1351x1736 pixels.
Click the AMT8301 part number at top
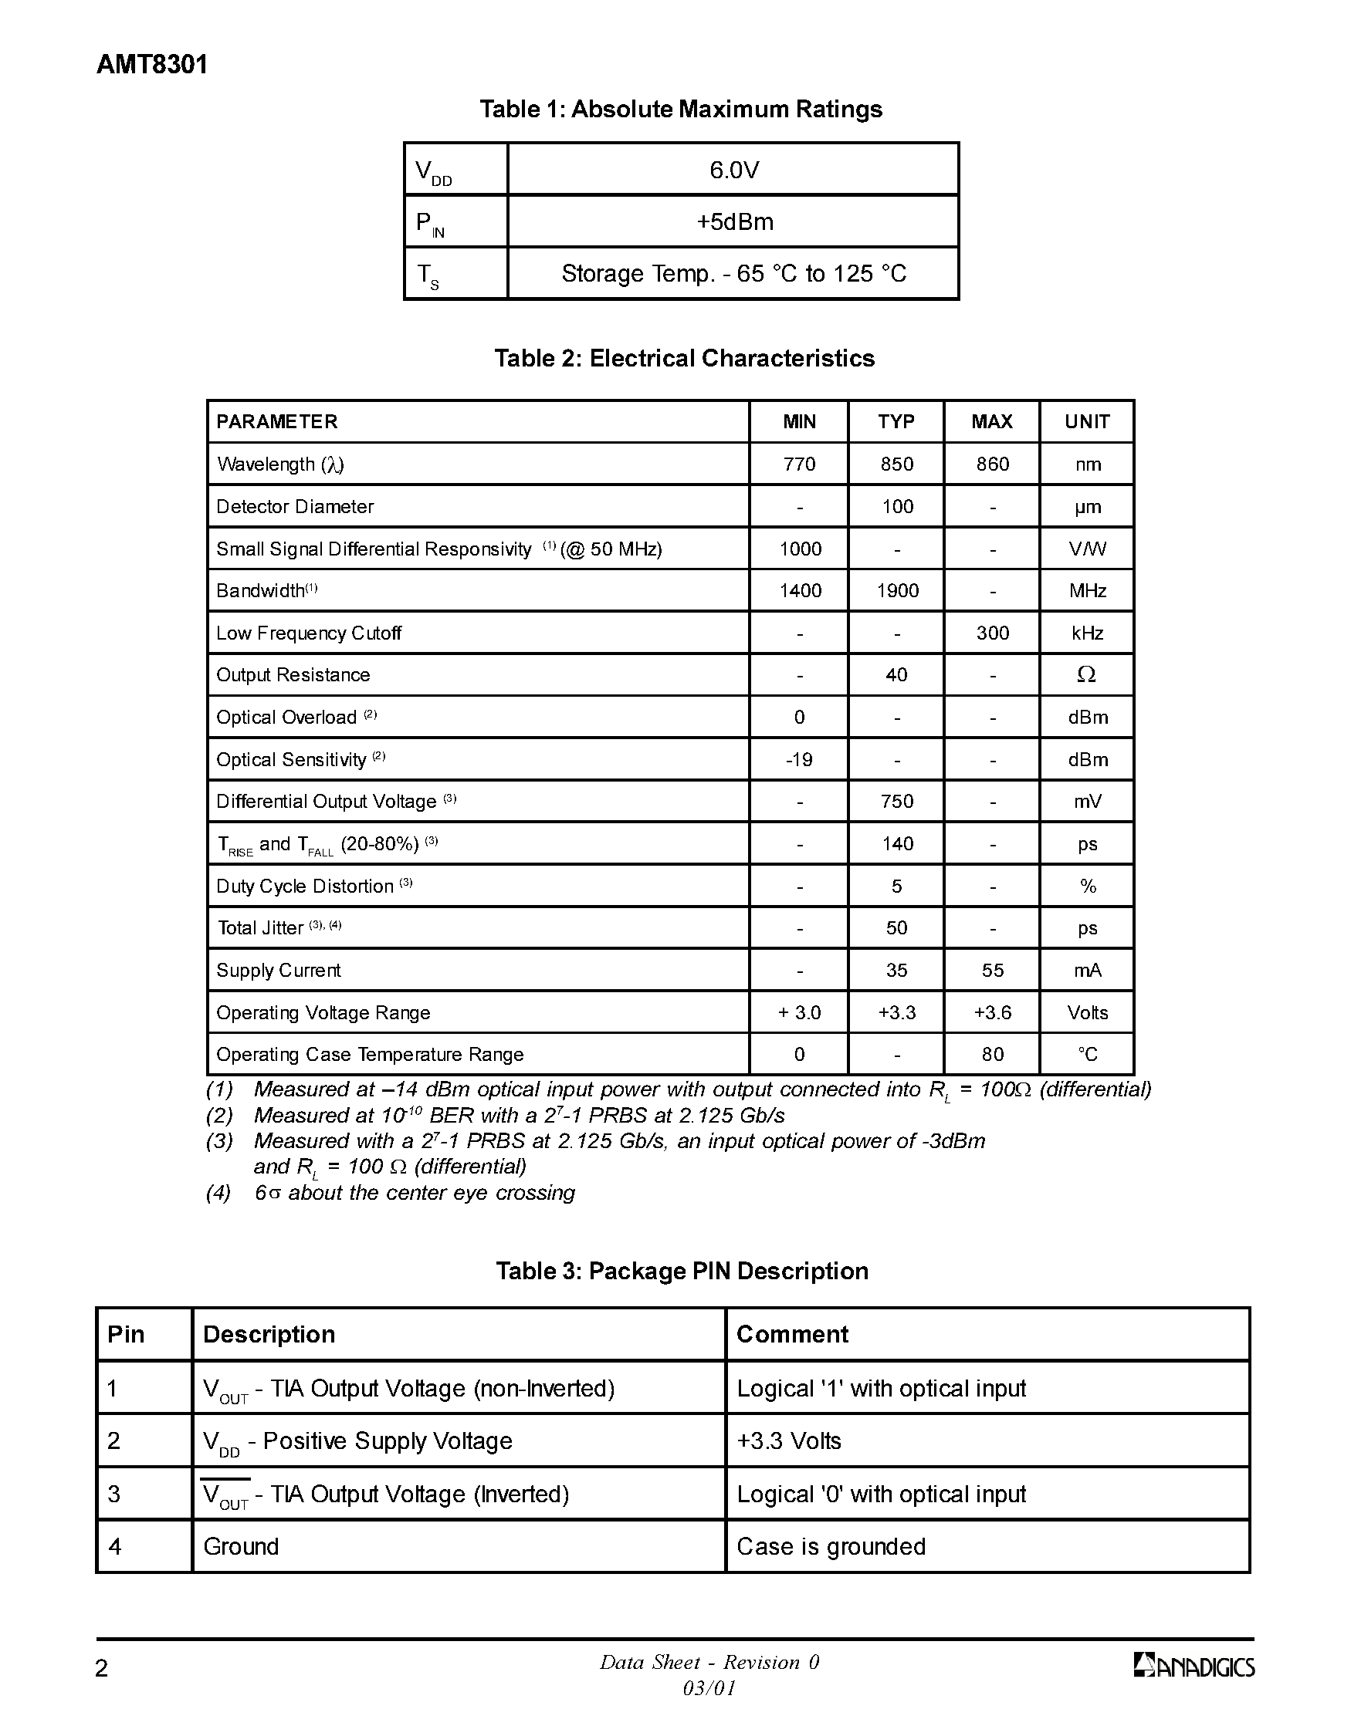click(x=152, y=64)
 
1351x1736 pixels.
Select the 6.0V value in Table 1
click(x=733, y=169)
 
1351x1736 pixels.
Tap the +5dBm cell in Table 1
click(x=733, y=221)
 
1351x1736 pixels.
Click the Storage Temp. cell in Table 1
click(x=733, y=273)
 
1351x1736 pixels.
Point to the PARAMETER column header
click(x=276, y=422)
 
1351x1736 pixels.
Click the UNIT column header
click(x=1086, y=422)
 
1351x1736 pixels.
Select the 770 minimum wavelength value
click(x=798, y=464)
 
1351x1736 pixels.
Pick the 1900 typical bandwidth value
click(x=897, y=590)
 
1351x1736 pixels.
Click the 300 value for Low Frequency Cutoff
click(x=991, y=633)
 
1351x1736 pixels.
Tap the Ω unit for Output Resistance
click(x=1086, y=675)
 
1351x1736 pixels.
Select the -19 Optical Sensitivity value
click(x=798, y=760)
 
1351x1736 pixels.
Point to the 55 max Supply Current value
click(x=991, y=971)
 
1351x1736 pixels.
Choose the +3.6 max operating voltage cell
click(x=991, y=1012)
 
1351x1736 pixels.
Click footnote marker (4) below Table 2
click(x=218, y=1192)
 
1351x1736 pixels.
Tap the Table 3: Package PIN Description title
click(x=682, y=1271)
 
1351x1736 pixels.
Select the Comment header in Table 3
click(x=792, y=1334)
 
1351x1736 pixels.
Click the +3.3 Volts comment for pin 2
click(x=788, y=1441)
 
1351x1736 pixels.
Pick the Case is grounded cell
click(x=830, y=1546)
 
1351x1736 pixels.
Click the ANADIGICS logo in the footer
click(x=1194, y=1666)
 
